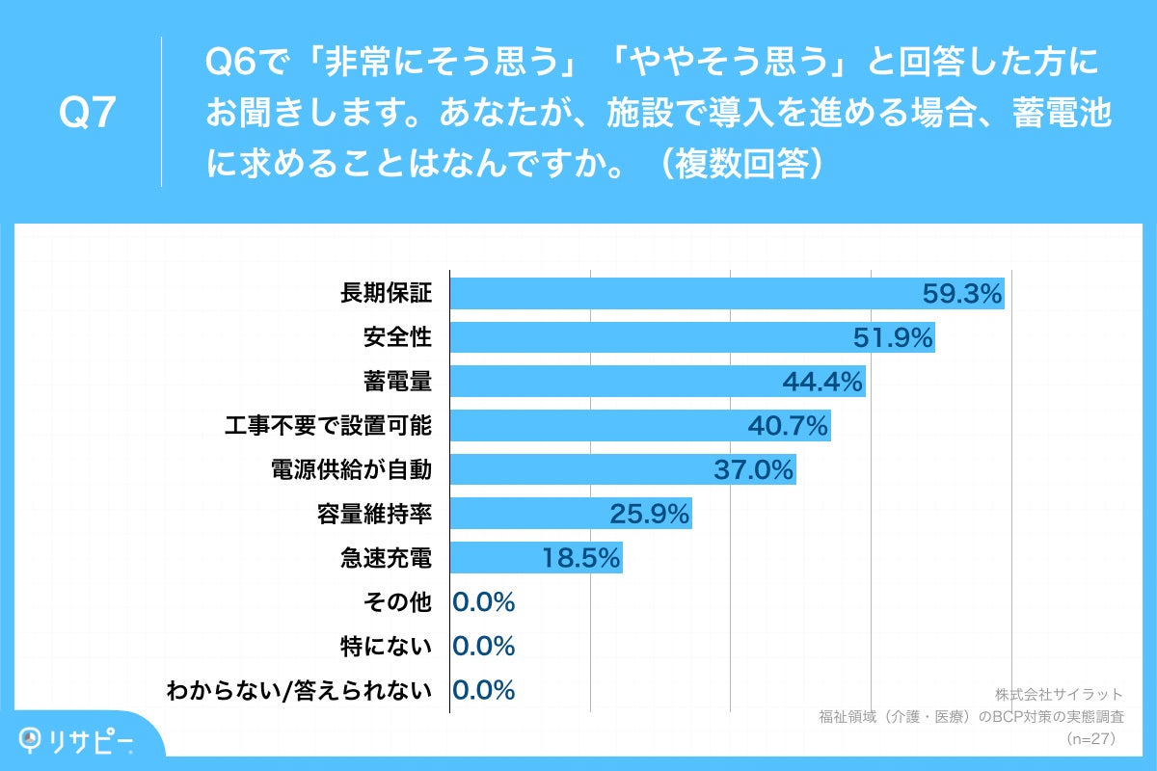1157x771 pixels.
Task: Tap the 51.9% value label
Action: tap(893, 337)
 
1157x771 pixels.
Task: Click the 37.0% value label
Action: tap(753, 470)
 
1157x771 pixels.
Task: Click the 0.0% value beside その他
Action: tap(483, 602)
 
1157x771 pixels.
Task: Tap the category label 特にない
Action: tap(385, 646)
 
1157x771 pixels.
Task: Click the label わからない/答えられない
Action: tap(298, 690)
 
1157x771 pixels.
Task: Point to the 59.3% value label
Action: tap(963, 293)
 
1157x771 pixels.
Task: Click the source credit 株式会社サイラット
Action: tap(1058, 694)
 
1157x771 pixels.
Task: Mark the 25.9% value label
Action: tap(649, 515)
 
